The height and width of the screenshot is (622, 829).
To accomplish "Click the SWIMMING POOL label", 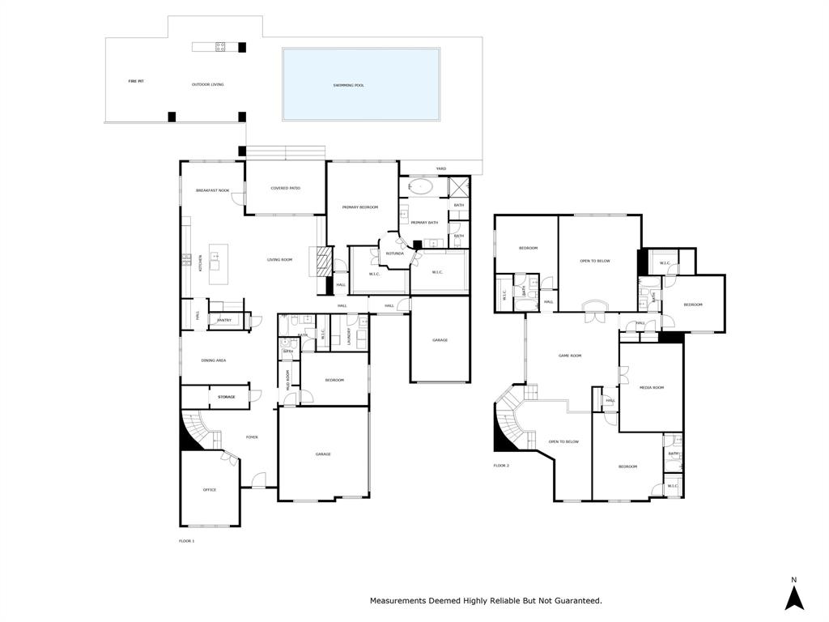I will pos(348,85).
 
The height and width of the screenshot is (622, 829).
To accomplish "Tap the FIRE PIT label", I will pos(136,82).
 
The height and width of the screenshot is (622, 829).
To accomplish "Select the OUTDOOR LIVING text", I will pos(207,84).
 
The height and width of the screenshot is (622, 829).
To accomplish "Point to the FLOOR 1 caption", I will pos(186,540).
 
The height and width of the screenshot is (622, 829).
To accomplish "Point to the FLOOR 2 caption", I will pos(501,466).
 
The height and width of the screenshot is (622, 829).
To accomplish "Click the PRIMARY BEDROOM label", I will pos(360,207).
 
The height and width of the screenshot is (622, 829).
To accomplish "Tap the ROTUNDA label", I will pos(395,253).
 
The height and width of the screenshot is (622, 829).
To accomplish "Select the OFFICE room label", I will pos(210,490).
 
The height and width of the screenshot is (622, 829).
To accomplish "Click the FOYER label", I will pos(252,437).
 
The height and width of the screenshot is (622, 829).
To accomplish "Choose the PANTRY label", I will pos(224,320).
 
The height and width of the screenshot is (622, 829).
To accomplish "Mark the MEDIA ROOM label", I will pos(652,388).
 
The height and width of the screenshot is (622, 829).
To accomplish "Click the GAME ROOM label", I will pos(570,356).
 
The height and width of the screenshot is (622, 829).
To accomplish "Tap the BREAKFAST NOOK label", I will pos(212,190).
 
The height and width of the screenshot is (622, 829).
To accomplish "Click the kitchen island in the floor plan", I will pos(218,264).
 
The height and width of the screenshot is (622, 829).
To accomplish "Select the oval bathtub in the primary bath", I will pos(421,186).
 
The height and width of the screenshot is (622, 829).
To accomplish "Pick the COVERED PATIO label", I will pos(285,188).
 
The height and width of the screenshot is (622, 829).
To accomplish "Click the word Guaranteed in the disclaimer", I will pos(575,601).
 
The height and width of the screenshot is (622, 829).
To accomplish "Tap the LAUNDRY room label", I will pos(349,336).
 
